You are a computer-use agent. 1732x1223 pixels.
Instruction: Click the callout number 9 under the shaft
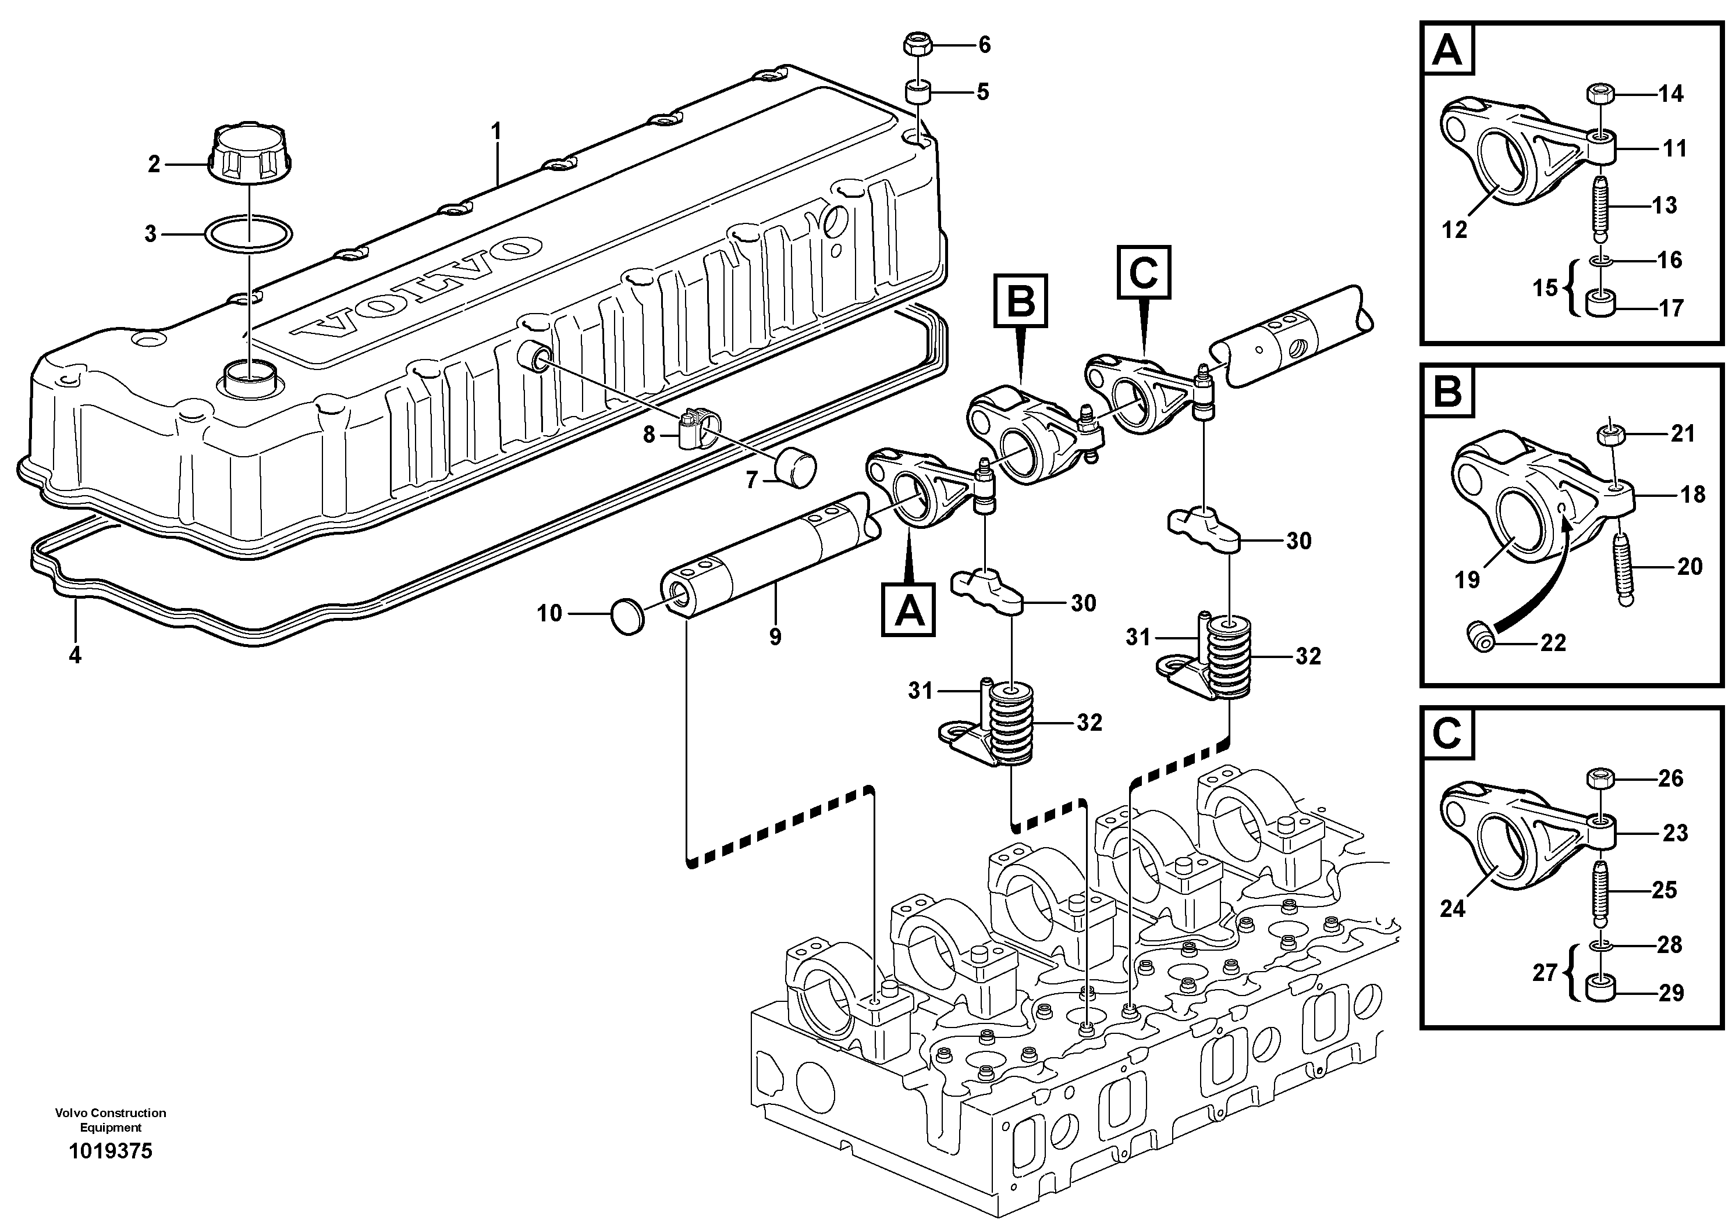coord(775,637)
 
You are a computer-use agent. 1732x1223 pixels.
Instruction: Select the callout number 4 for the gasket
coord(74,655)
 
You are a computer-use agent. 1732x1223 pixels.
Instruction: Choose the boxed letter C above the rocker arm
coord(1144,272)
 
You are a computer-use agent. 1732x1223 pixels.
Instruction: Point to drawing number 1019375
coord(110,1151)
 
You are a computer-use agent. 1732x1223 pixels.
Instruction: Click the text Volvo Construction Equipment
coord(110,1119)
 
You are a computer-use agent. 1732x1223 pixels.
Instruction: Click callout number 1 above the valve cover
coord(496,132)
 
